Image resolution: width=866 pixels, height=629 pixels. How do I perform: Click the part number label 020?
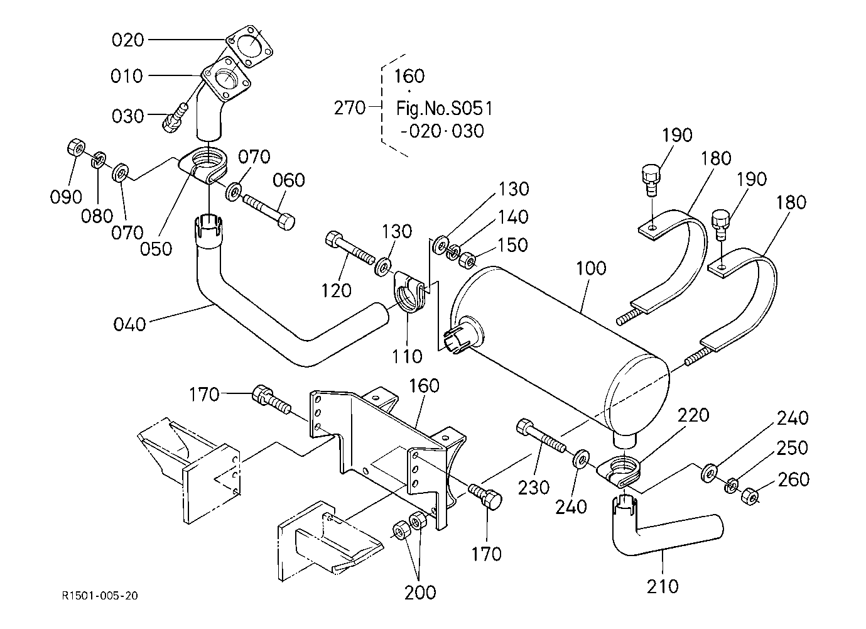pyautogui.click(x=127, y=40)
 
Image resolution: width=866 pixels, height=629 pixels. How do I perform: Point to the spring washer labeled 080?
pyautogui.click(x=99, y=160)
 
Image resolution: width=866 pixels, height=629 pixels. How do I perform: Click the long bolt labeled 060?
pyautogui.click(x=268, y=211)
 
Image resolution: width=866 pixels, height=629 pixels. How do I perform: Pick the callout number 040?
pyautogui.click(x=129, y=324)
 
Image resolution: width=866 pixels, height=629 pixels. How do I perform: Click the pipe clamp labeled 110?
pyautogui.click(x=410, y=293)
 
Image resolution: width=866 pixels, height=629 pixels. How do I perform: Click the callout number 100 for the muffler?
pyautogui.click(x=591, y=268)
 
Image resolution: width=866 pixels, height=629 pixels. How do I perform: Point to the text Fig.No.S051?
pyautogui.click(x=444, y=108)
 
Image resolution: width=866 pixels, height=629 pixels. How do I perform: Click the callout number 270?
pyautogui.click(x=349, y=108)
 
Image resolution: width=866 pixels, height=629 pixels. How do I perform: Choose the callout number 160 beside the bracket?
pyautogui.click(x=425, y=385)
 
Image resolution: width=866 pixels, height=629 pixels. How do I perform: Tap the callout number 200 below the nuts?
pyautogui.click(x=420, y=592)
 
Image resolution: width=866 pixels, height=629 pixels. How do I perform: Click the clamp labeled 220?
pyautogui.click(x=620, y=471)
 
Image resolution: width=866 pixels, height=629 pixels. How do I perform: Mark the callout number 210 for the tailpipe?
pyautogui.click(x=663, y=586)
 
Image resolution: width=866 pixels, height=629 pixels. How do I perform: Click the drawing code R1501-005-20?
pyautogui.click(x=99, y=595)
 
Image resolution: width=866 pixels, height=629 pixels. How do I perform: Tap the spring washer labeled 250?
pyautogui.click(x=732, y=485)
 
